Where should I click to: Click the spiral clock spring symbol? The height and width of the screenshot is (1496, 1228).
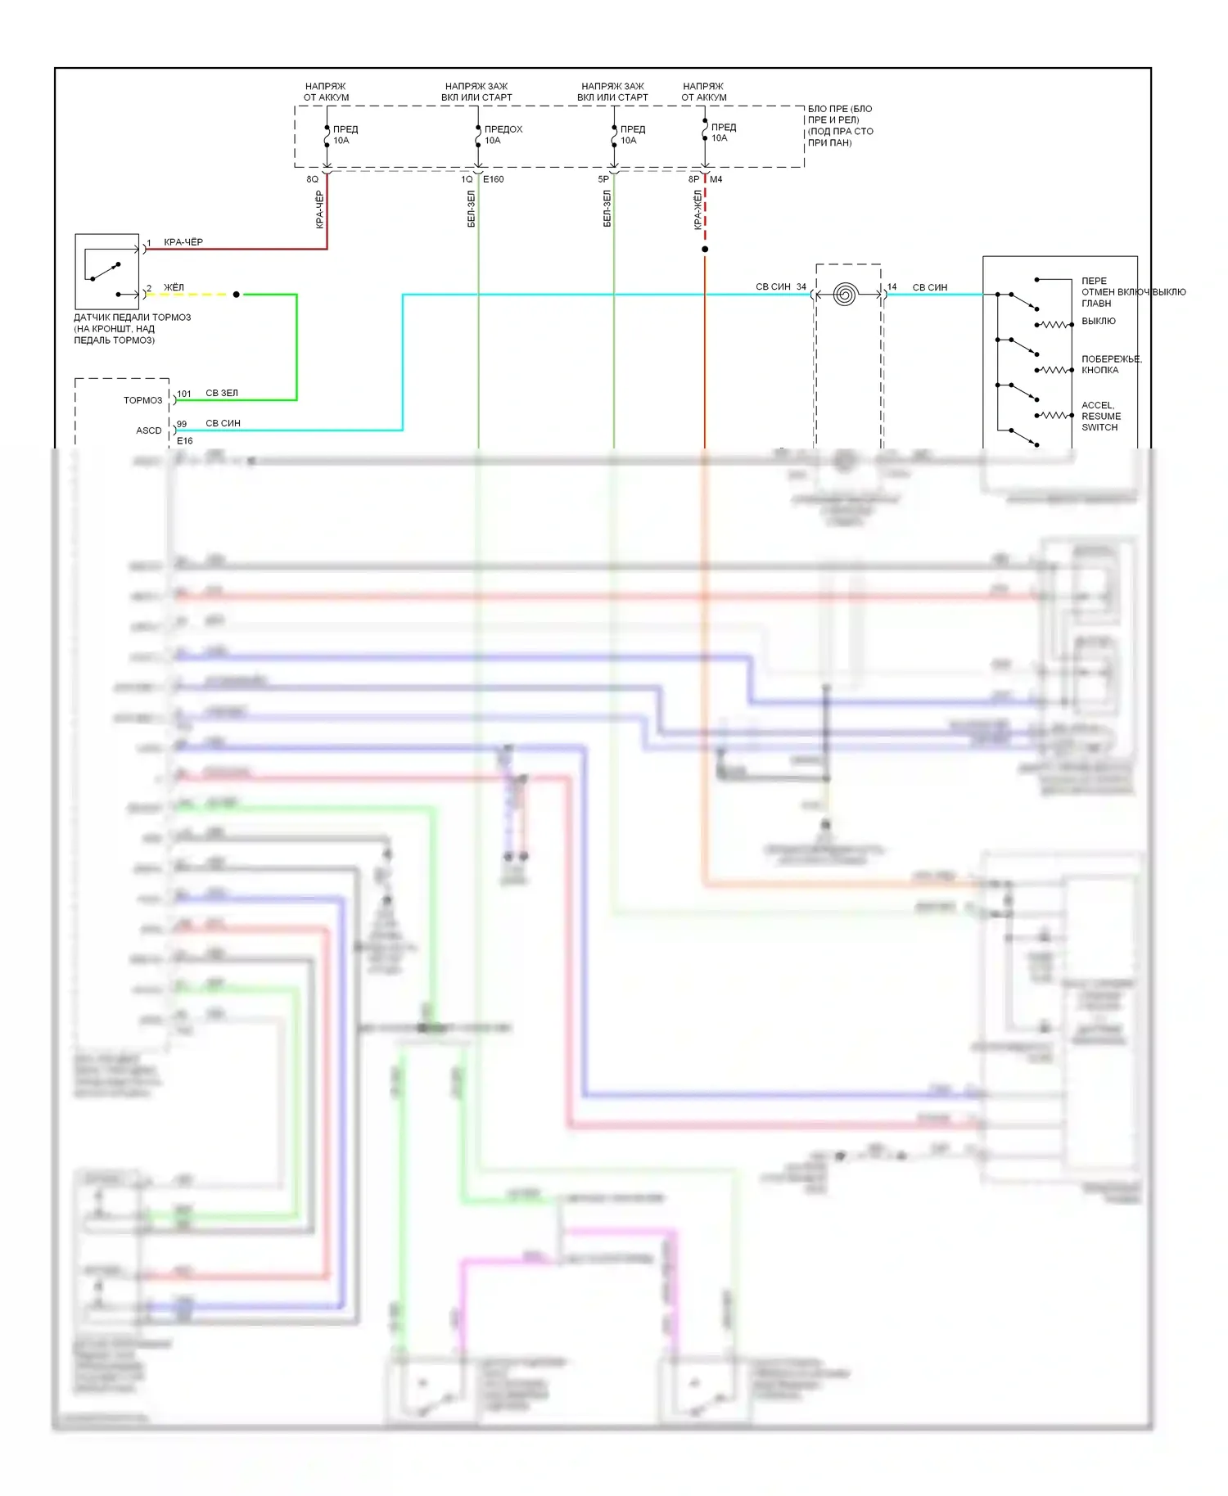coord(845,295)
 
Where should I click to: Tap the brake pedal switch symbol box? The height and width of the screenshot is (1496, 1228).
coord(107,271)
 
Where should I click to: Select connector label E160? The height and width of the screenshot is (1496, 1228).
coord(494,179)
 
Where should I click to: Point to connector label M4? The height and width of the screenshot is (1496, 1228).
coord(716,179)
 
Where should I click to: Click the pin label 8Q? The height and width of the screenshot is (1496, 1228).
coord(312,179)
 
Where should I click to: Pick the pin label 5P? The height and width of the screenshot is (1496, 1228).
coord(603,179)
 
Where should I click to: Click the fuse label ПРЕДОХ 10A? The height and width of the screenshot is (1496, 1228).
coord(502,135)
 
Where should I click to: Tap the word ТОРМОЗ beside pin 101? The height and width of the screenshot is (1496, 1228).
coord(143,400)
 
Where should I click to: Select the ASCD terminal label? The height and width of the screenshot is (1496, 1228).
coord(149,430)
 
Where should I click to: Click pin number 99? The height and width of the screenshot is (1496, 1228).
coord(182,424)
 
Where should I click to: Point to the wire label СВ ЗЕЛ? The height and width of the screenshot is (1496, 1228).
coord(222,393)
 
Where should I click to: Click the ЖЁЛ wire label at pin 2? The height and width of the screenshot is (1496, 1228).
coord(174,287)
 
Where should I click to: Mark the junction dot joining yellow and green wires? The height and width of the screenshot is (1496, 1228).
coord(237,295)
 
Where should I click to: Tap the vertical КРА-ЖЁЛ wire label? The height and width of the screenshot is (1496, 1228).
coord(698,210)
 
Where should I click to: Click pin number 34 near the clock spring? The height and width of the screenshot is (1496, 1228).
coord(801,287)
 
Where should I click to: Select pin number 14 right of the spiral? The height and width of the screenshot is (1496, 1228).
coord(892,287)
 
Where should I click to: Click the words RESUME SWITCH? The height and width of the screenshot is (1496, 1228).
coord(1100,421)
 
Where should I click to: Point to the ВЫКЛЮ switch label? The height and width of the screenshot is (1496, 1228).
coord(1099,321)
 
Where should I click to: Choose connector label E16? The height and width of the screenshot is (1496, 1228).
coord(185,441)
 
